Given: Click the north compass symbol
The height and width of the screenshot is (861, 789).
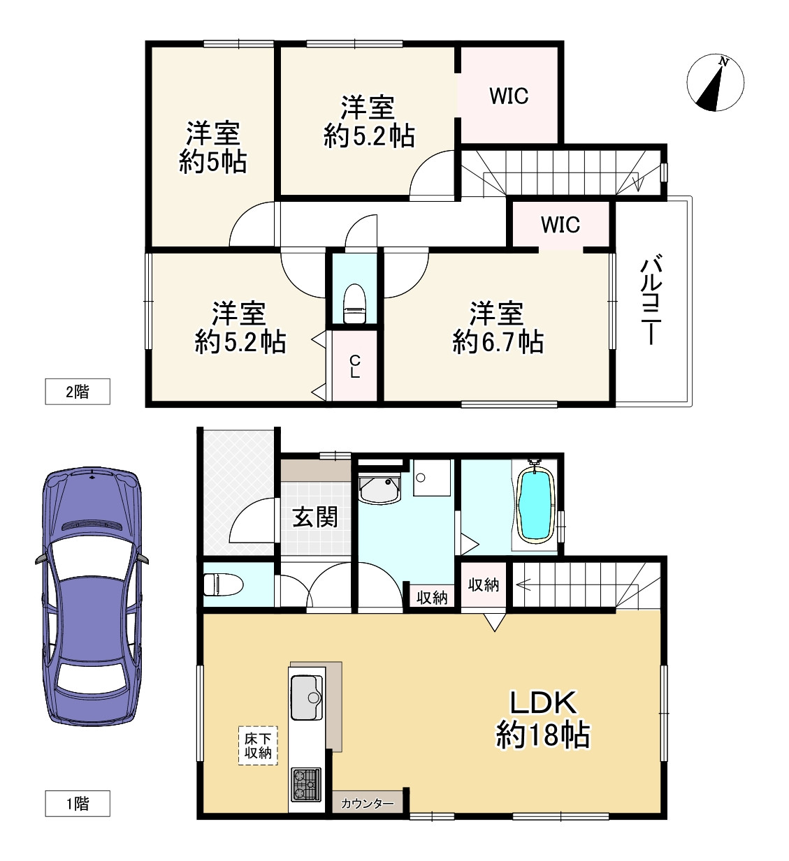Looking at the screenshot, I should pos(715,82).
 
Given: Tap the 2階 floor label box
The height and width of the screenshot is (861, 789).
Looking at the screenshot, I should pos(77,391).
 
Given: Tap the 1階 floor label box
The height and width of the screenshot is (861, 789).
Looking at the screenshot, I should pos(77,803).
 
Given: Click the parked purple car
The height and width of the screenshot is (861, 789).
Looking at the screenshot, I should pos(91,597).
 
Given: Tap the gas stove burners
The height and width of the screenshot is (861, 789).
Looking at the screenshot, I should pos(306,783).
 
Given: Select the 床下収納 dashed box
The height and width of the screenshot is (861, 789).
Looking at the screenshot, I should pos(258,746).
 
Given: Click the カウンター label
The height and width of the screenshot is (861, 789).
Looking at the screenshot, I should pos(367,804).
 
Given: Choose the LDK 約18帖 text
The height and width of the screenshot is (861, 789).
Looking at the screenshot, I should pos(542,719).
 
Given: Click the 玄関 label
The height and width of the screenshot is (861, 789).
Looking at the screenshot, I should pos(315,517).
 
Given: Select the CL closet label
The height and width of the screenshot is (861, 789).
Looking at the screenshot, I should pos(355,367).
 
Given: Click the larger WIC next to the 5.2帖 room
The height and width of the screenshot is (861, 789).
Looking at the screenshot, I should pos(509,96).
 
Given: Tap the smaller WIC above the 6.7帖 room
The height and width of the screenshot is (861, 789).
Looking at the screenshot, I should pos(560,225).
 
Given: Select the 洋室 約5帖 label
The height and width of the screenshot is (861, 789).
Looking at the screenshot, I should pos(212,147).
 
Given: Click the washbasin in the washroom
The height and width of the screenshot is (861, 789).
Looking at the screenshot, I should pos(379,487).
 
